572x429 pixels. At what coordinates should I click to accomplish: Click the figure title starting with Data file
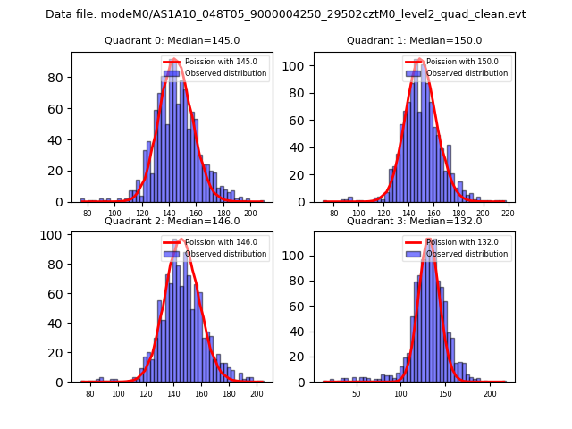[x=286, y=14]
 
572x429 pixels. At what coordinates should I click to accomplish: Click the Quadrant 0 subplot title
[x=172, y=40]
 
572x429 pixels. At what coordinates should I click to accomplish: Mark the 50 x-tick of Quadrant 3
[x=356, y=393]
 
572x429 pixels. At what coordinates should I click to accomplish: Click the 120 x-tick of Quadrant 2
[x=146, y=393]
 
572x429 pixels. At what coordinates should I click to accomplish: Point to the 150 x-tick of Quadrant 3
[x=445, y=393]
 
